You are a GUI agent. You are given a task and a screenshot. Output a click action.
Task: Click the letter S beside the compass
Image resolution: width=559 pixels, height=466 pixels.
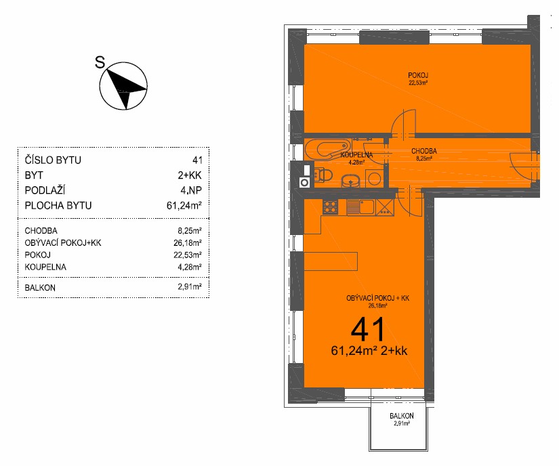[100, 62]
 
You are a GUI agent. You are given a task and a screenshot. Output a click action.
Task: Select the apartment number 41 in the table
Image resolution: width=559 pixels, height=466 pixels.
[197, 161]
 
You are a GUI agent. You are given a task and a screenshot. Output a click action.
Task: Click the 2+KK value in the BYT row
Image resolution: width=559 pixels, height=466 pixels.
[190, 175]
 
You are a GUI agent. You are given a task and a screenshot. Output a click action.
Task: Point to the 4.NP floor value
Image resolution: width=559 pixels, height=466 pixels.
[191, 190]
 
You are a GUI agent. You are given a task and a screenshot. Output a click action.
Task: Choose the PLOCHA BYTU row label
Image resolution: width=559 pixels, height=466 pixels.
[58, 205]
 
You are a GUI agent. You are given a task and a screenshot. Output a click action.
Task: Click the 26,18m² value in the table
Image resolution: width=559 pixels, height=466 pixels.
[188, 243]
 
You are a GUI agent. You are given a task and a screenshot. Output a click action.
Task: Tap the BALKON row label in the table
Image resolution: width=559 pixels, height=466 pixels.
[40, 287]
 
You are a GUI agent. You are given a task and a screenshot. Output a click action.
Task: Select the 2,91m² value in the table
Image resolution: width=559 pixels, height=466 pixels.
[190, 287]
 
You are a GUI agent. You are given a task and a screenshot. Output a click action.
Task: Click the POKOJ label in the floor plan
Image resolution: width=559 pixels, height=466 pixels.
[418, 75]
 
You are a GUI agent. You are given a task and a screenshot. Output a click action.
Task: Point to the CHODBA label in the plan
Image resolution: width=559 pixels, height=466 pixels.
[424, 151]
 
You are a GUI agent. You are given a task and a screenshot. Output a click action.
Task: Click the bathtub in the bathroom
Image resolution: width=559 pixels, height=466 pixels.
[327, 150]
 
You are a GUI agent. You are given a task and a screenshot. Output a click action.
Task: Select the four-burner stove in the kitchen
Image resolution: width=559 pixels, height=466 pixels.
[330, 207]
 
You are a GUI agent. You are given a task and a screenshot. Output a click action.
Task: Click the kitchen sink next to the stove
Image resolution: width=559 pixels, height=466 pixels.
[360, 207]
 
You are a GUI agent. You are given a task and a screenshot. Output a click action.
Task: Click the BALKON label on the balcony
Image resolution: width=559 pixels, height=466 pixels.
[401, 416]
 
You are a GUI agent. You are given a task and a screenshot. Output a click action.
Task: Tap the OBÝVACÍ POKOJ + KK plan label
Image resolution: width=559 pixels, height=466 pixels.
[377, 298]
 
